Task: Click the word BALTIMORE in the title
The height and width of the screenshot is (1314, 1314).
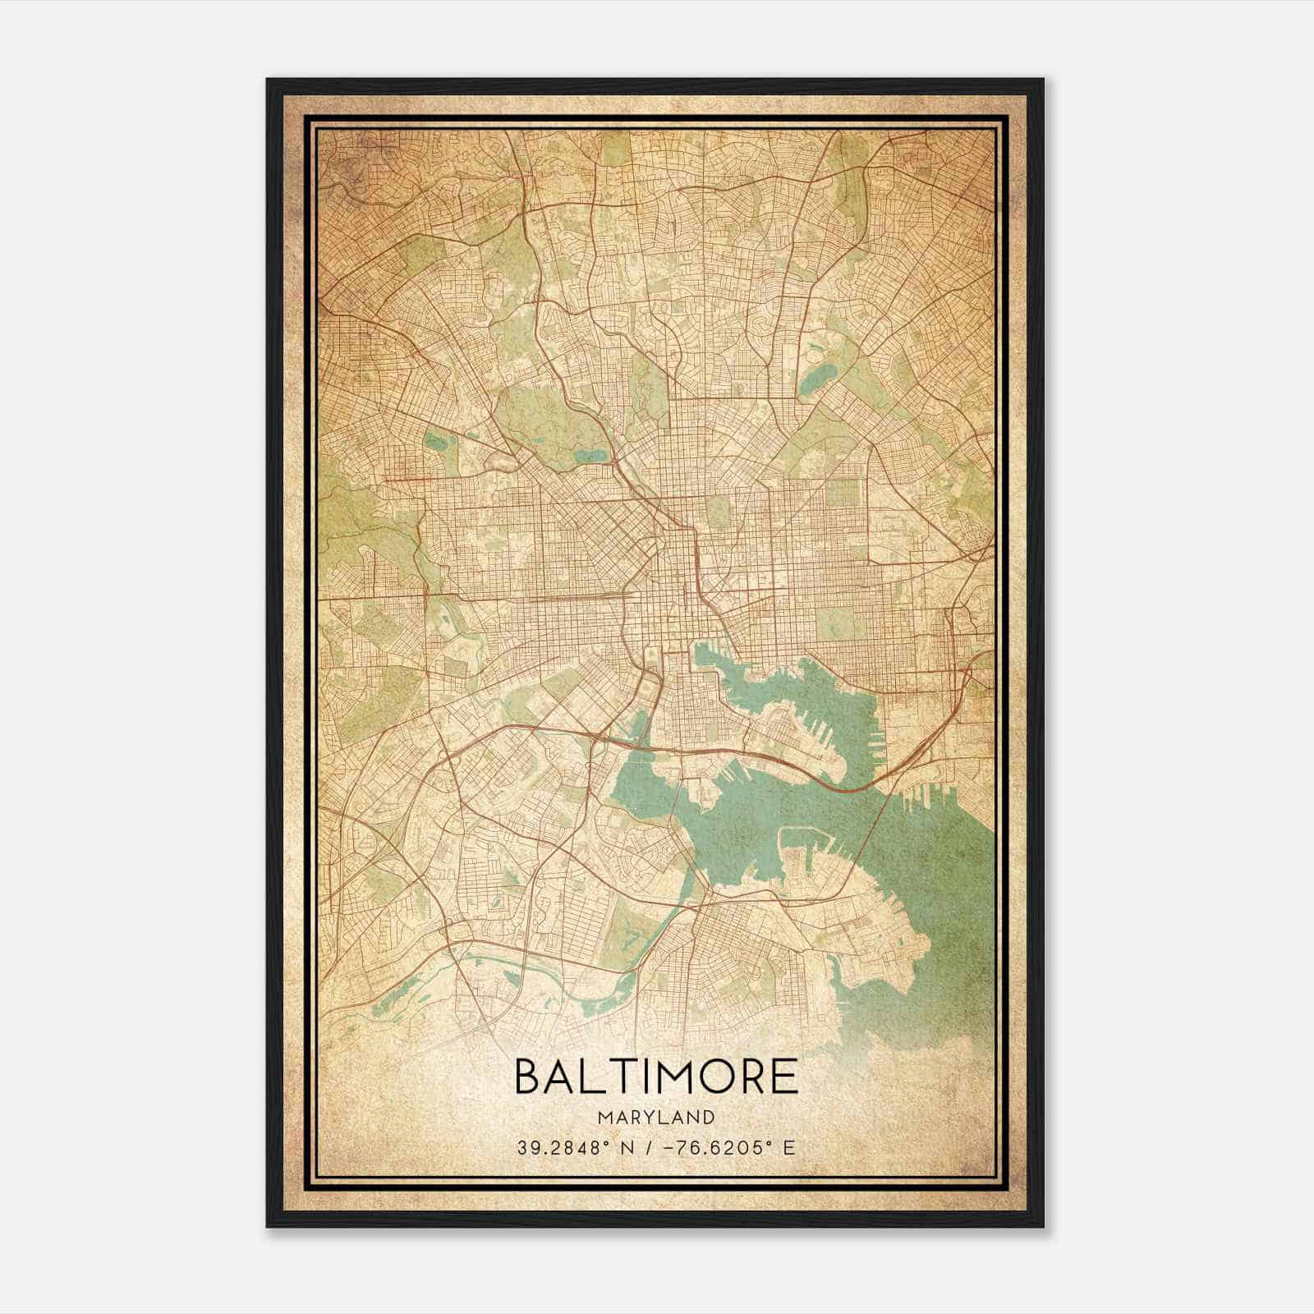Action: (655, 1076)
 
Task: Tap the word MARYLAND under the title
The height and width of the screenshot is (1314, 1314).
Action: (655, 1118)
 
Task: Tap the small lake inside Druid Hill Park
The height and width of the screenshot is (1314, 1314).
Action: (588, 455)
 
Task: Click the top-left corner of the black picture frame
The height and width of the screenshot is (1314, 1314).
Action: (269, 80)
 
